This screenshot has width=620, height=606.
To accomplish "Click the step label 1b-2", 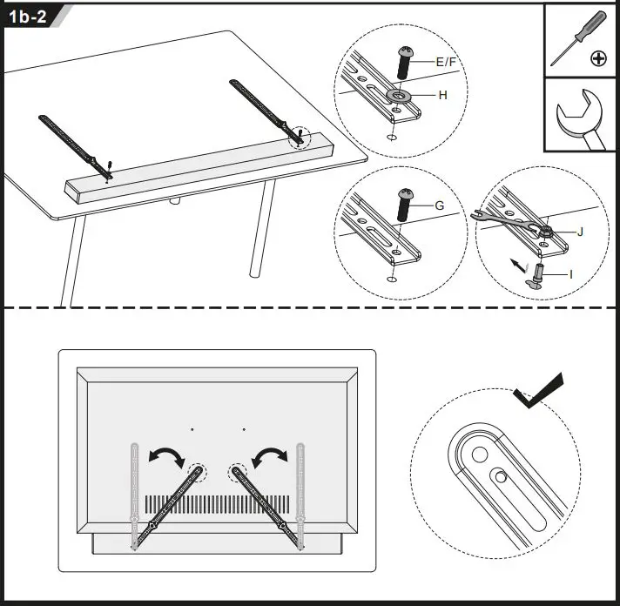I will point(29,17).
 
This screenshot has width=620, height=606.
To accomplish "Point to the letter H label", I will point(442,95).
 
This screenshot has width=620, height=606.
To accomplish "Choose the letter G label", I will point(440,205).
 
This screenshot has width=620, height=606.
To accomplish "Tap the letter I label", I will point(571,273).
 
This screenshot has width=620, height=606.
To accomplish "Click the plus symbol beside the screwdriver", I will point(598,59).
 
